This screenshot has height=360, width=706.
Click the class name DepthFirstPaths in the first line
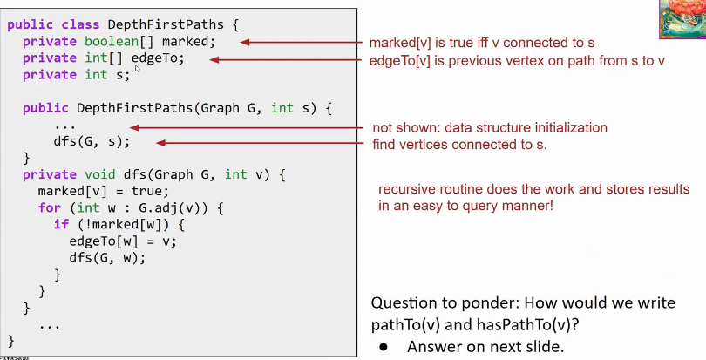pyautogui.click(x=166, y=24)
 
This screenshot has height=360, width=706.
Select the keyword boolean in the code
pyautogui.click(x=112, y=42)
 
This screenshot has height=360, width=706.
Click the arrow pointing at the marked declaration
pyautogui.click(x=301, y=43)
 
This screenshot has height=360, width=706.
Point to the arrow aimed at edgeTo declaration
pyautogui.click(x=286, y=60)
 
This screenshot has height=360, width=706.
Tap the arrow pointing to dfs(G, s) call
pyautogui.click(x=260, y=143)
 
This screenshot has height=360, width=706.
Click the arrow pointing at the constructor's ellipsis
pyautogui.click(x=246, y=128)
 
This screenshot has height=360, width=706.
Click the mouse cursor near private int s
pyautogui.click(x=138, y=69)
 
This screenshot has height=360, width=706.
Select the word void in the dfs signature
pyautogui.click(x=100, y=174)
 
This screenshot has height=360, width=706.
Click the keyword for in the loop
pyautogui.click(x=50, y=207)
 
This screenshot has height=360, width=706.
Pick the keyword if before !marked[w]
pyautogui.click(x=61, y=224)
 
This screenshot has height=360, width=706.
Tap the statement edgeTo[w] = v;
pyautogui.click(x=123, y=241)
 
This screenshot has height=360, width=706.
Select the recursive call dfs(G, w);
pyautogui.click(x=107, y=258)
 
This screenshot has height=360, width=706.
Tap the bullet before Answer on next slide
pyautogui.click(x=384, y=346)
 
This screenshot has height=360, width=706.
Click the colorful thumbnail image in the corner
pyautogui.click(x=682, y=19)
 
